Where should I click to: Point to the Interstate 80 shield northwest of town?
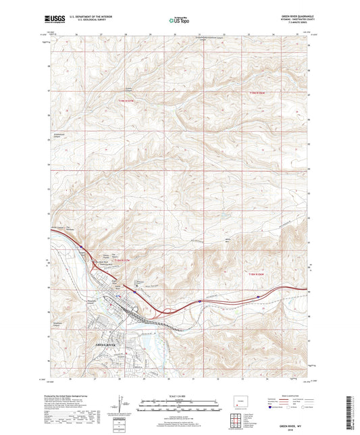click(x=80, y=247)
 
